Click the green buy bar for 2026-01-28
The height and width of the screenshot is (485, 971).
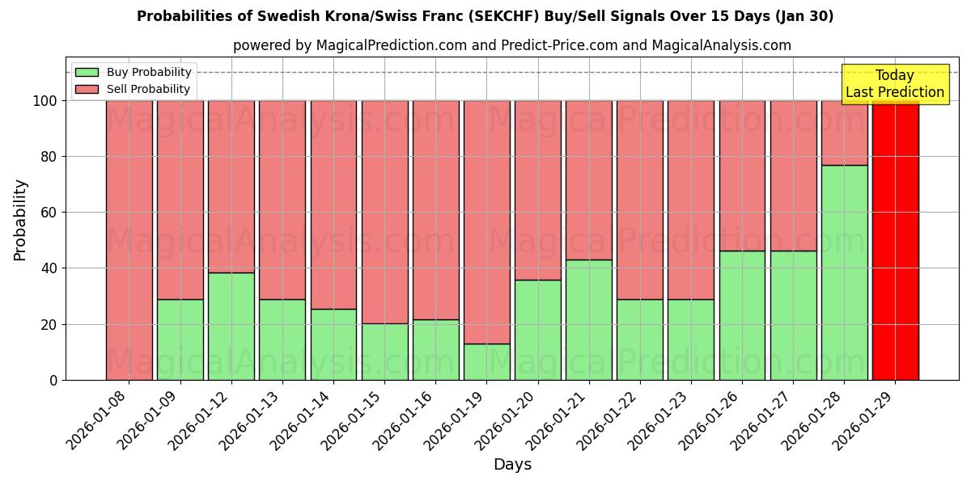[x=844, y=272]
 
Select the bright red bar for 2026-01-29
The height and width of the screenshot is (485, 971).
[x=895, y=240]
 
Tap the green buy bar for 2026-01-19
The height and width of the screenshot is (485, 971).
[x=486, y=361]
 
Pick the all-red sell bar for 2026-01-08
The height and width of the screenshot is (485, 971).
[x=129, y=240]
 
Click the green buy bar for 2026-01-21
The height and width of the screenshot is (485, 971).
[x=589, y=319]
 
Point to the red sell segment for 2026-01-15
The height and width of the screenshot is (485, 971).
[x=384, y=212]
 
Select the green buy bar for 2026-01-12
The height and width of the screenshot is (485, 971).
[x=231, y=326]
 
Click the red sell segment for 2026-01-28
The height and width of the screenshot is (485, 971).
[x=844, y=133]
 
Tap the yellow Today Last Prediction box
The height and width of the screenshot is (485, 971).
[x=894, y=84]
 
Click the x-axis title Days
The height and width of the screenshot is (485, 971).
[x=512, y=465]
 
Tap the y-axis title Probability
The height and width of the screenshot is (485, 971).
[x=20, y=219]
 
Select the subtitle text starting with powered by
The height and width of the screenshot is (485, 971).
[x=511, y=45]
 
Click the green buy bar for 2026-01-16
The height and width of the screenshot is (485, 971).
[x=435, y=349]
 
